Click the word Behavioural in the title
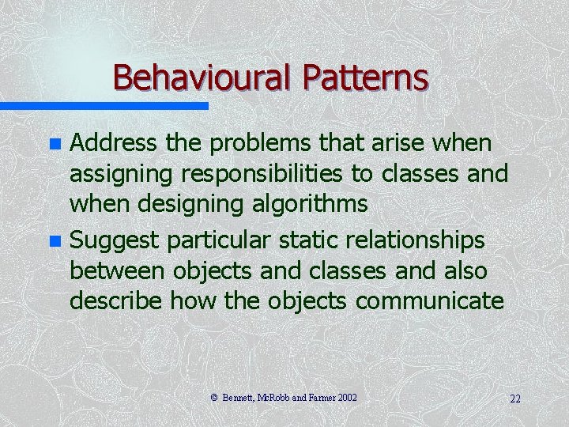coord(202,77)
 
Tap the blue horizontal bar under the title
coord(104,106)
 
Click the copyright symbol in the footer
coord(216,397)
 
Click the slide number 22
coord(514,398)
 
